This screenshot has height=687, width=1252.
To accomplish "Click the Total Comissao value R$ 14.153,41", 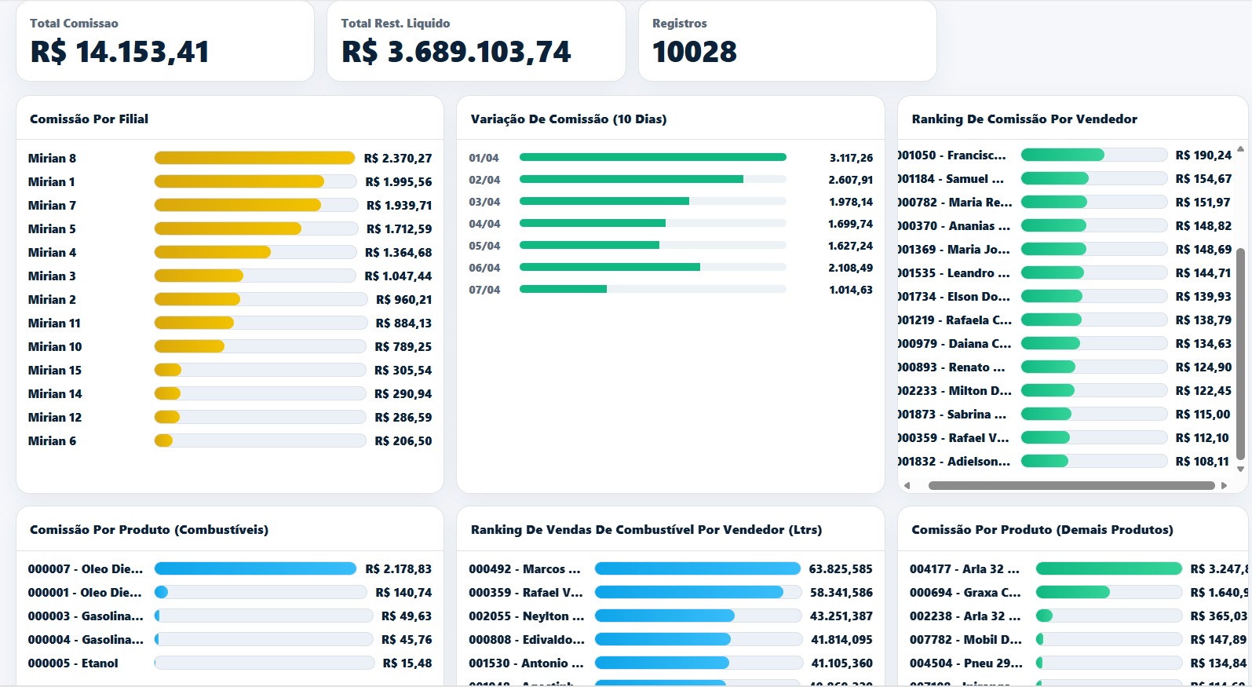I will click(120, 52).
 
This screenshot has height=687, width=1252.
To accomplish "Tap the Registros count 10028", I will click(695, 52).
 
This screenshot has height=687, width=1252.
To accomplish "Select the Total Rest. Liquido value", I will click(456, 52).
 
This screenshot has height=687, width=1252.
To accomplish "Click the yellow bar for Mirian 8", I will click(254, 158).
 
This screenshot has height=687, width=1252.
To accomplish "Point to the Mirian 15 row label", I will click(55, 370).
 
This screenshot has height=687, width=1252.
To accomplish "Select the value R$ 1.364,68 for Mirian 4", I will click(398, 252).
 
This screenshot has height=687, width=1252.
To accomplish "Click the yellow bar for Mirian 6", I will click(163, 440).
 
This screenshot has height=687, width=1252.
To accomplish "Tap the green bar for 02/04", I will click(631, 179).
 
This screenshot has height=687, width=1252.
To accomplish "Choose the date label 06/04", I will click(484, 268).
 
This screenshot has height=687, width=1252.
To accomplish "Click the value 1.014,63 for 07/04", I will click(851, 290).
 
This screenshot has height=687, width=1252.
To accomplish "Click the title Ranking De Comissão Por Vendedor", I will click(1024, 119).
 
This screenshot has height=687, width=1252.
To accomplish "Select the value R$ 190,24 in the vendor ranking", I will click(1203, 155).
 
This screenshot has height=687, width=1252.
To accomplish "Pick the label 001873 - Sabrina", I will click(953, 414).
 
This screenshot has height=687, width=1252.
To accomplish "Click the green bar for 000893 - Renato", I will click(1048, 367).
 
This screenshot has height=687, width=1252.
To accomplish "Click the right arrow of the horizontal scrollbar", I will click(1224, 485).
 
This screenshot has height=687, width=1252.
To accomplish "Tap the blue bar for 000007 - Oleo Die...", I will click(255, 568).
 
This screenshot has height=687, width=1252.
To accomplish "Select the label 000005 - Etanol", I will click(73, 663).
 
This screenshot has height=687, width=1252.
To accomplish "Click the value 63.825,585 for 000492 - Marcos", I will click(841, 568).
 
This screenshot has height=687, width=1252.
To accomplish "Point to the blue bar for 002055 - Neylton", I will click(665, 616).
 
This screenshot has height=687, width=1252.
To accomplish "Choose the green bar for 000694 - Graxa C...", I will click(1073, 592).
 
